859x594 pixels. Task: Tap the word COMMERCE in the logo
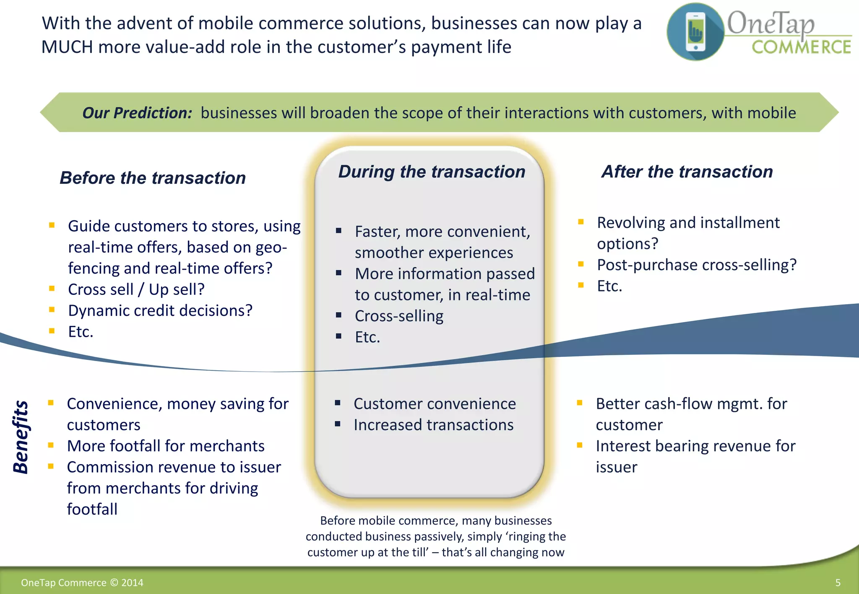tap(801, 47)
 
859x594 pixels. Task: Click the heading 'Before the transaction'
tap(153, 178)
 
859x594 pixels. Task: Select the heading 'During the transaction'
tap(432, 172)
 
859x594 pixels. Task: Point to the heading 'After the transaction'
tap(687, 172)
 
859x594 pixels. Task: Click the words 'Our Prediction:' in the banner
tap(137, 113)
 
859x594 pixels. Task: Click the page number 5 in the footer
tap(838, 583)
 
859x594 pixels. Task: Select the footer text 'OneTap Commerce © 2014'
tap(82, 583)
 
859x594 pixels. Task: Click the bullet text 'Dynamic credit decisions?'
tap(160, 311)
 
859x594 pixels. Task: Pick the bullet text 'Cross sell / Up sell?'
tap(136, 289)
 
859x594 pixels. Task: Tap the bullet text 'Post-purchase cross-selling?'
tap(696, 265)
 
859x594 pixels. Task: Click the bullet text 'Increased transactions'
tap(433, 425)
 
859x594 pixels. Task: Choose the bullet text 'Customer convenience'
tap(435, 404)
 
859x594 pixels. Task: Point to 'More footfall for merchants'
tap(166, 446)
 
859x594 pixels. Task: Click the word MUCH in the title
tap(67, 47)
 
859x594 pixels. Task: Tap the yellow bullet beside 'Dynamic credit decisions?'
tap(52, 310)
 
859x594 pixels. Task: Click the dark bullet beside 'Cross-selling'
tap(338, 315)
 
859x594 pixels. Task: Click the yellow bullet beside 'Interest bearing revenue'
tap(580, 445)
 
